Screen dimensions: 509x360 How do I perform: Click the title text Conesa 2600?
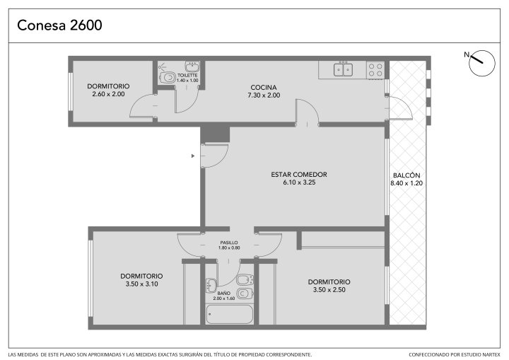click(59, 25)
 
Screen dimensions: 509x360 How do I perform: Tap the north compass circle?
click(482, 63)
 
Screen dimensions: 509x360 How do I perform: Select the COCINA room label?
click(264, 88)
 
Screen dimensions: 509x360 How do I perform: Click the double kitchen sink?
click(343, 69)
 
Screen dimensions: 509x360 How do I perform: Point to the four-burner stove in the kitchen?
click(375, 70)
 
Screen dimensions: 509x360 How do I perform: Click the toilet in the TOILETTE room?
click(168, 78)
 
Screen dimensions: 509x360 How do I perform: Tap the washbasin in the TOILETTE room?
click(192, 66)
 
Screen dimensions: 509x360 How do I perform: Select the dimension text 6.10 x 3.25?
click(299, 182)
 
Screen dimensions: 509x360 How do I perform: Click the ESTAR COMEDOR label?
click(299, 175)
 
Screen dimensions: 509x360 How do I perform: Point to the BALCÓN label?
click(406, 175)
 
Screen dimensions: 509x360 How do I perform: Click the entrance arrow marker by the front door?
click(193, 156)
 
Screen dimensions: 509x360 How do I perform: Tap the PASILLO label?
click(229, 243)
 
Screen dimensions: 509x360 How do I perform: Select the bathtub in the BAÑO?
click(229, 314)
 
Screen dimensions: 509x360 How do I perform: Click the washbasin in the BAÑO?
click(211, 285)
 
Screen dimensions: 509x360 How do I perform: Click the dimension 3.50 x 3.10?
click(141, 284)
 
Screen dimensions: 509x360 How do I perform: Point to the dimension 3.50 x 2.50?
click(329, 290)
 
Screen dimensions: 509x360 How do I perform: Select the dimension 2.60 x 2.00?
click(108, 94)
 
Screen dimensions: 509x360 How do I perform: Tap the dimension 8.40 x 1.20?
click(406, 183)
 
